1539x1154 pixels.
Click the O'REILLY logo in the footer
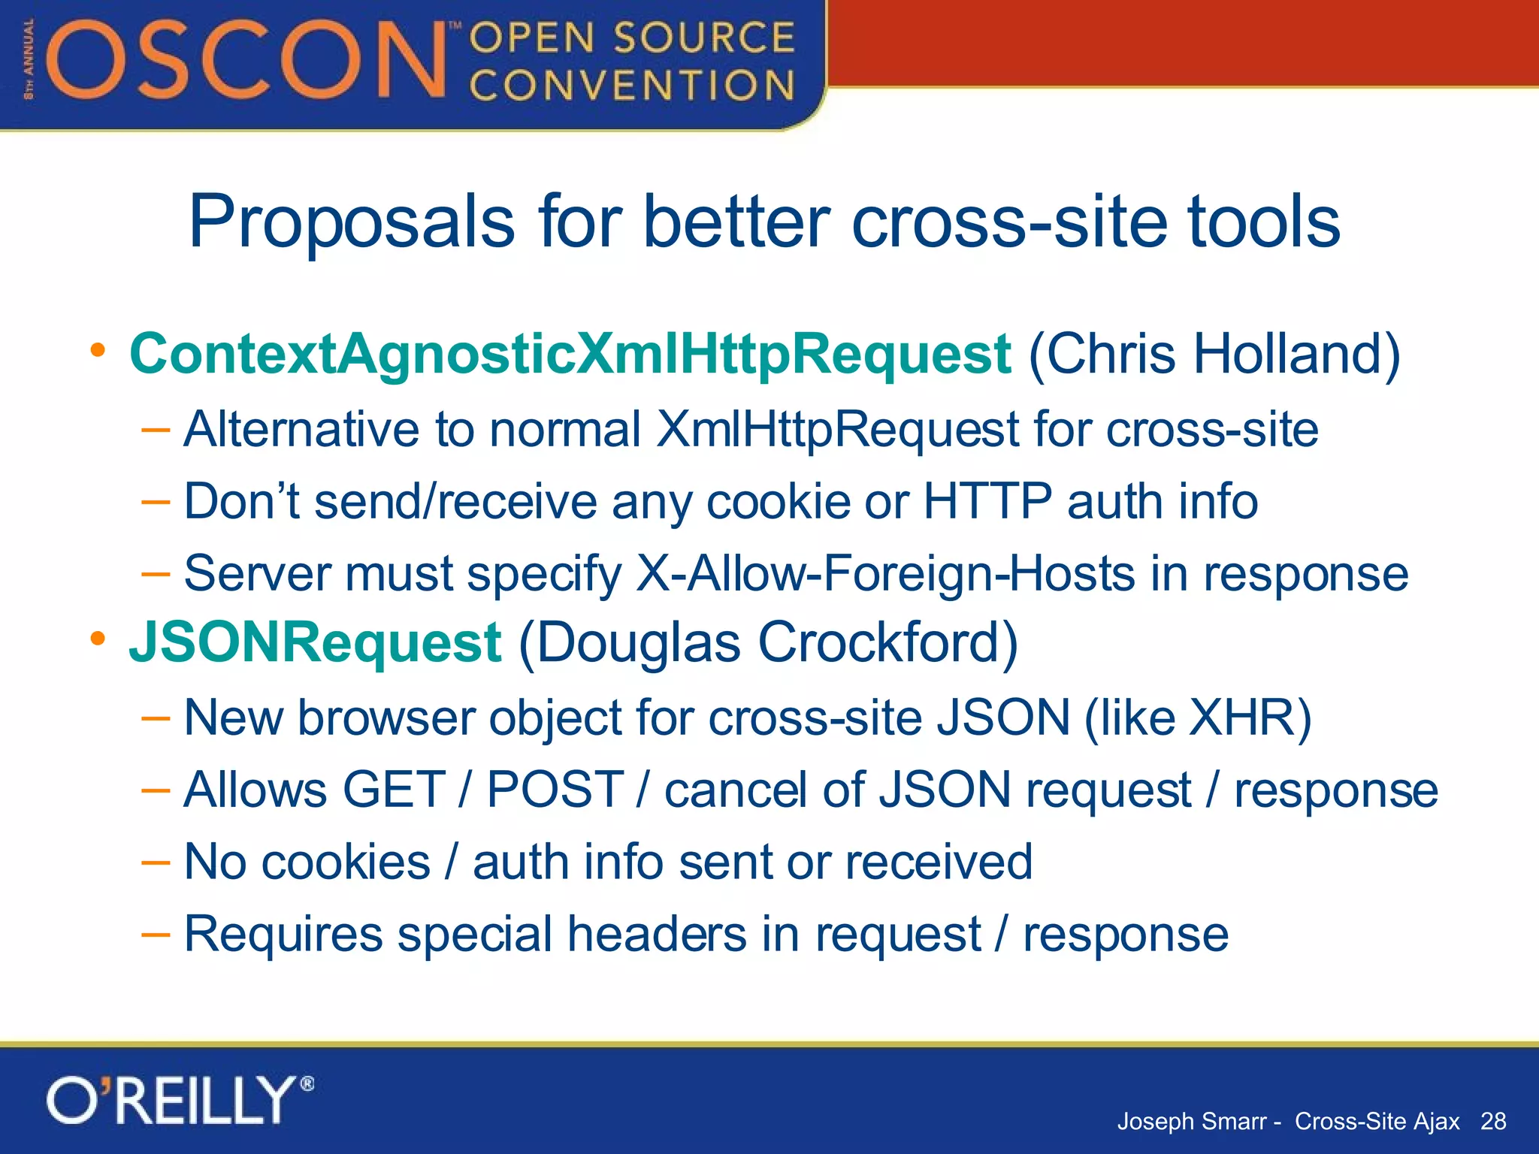tap(179, 1100)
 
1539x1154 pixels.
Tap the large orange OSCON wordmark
tap(248, 60)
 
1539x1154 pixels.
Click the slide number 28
tap(1492, 1121)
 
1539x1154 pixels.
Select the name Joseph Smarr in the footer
tap(1191, 1121)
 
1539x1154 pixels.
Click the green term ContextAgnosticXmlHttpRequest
tap(570, 354)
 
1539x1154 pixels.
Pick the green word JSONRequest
tap(315, 643)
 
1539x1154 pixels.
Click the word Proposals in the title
tap(352, 222)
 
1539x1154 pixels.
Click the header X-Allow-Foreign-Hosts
tap(885, 574)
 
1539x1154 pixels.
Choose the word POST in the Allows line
tap(555, 790)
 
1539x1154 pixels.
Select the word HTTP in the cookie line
tap(987, 501)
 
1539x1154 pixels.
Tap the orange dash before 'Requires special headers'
tap(156, 934)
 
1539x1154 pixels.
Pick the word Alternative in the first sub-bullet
tap(301, 429)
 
